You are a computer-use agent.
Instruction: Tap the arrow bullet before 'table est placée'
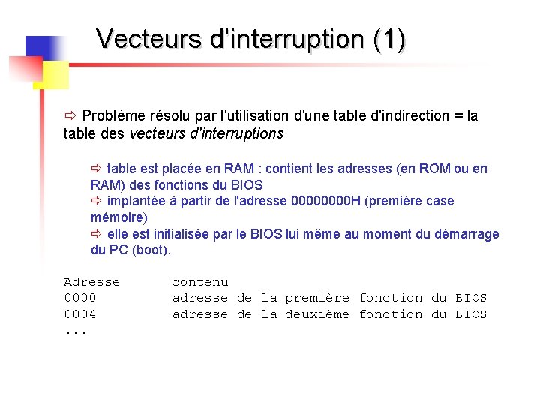96,169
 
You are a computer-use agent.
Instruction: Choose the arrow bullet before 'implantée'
96,202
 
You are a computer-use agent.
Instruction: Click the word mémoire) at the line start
119,217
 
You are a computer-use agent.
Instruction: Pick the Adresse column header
91,282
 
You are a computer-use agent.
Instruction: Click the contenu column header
199,282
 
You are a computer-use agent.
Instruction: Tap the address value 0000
79,298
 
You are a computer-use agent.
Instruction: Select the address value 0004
79,314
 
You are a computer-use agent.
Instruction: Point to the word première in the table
317,298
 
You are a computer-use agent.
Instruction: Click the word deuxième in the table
317,314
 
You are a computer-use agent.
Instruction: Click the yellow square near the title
51,74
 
